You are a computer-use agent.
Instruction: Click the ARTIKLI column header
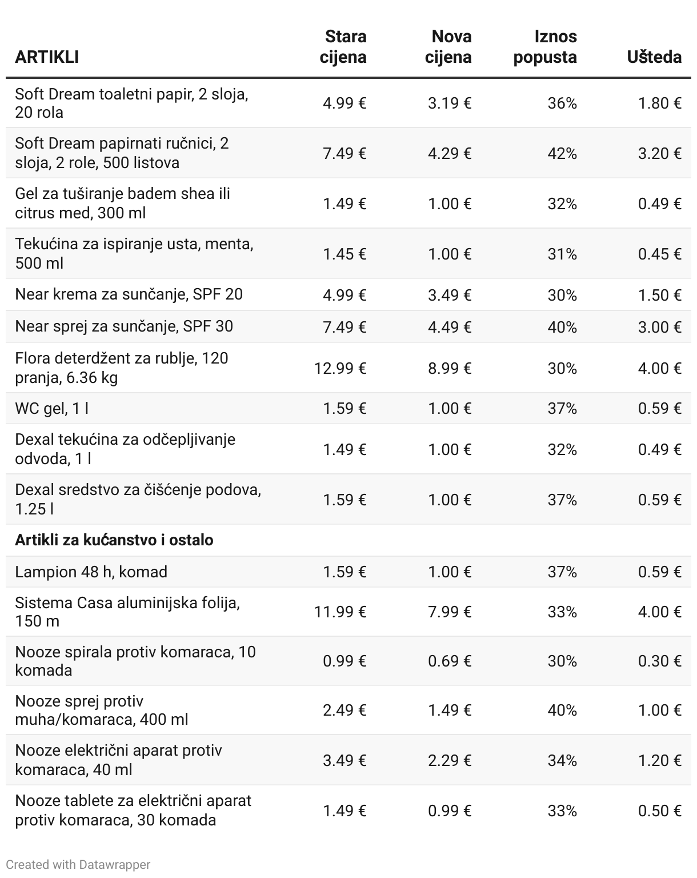tap(47, 57)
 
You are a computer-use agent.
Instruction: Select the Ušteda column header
tap(654, 57)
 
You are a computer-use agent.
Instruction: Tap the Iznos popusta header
tap(545, 47)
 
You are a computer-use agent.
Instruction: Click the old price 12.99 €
tap(340, 368)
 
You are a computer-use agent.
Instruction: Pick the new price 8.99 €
tap(450, 368)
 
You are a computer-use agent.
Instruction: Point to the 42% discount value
tap(562, 153)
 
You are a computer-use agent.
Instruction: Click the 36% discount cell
tap(562, 103)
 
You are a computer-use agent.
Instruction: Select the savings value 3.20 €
tap(660, 153)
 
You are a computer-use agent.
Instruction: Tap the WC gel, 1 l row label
tap(51, 408)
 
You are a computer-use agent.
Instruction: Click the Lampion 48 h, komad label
tap(91, 572)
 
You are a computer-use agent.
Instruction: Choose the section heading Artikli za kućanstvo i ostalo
tap(114, 540)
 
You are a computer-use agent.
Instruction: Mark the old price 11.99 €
tap(340, 612)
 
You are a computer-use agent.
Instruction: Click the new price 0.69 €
tap(450, 661)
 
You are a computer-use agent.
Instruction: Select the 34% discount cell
tap(562, 760)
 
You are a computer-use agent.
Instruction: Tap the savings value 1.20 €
tap(660, 760)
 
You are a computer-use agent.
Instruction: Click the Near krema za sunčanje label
tap(129, 294)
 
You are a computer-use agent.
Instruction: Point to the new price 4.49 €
tap(450, 327)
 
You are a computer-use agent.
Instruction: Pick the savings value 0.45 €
tap(660, 254)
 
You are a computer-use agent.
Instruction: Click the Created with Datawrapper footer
tap(78, 864)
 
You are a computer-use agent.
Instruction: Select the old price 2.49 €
tap(345, 710)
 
